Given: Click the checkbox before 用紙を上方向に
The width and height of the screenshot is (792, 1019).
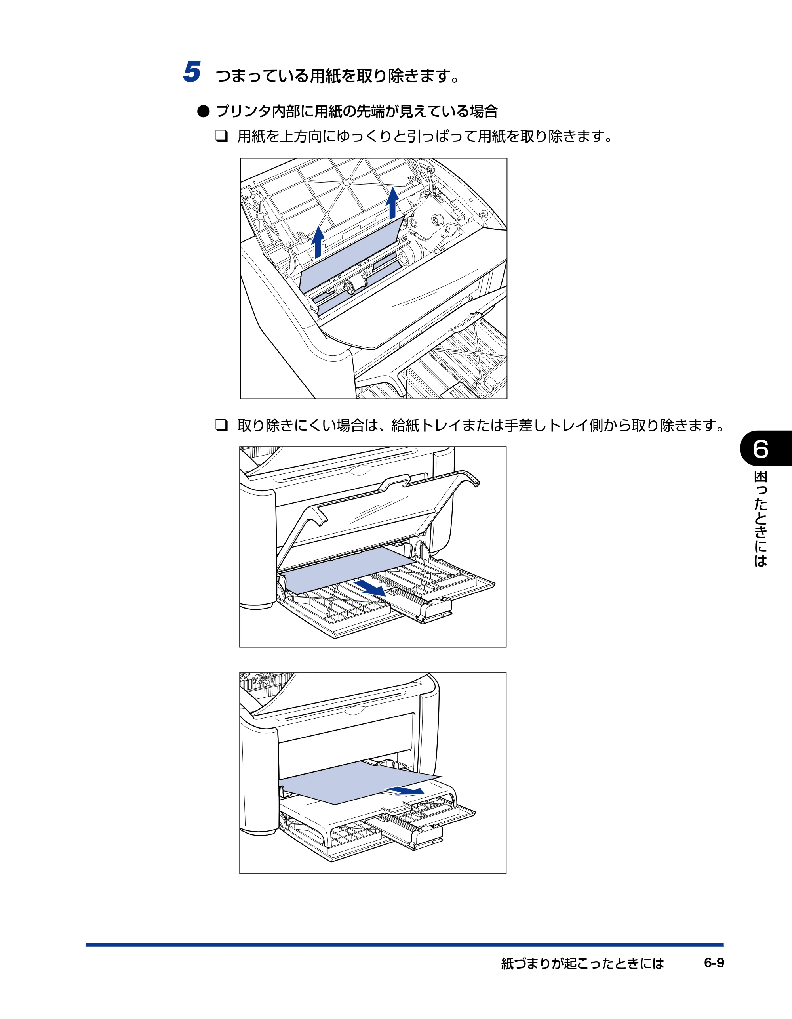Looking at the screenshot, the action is (x=221, y=136).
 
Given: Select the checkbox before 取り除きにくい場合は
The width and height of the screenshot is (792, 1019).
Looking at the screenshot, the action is (x=221, y=425).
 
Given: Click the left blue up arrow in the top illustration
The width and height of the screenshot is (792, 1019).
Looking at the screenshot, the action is (x=318, y=242).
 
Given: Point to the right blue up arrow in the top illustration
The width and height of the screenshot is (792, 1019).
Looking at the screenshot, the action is (x=393, y=203).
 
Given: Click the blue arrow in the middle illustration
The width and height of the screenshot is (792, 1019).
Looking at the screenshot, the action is (x=370, y=588).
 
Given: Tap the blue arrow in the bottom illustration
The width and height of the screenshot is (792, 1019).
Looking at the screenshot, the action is (x=404, y=790).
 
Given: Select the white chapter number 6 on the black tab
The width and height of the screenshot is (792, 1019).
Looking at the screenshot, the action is (x=761, y=449).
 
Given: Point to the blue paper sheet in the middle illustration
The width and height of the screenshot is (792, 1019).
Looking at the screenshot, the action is (x=348, y=570).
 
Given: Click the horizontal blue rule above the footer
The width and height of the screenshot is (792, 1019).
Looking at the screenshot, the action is (x=404, y=945).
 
